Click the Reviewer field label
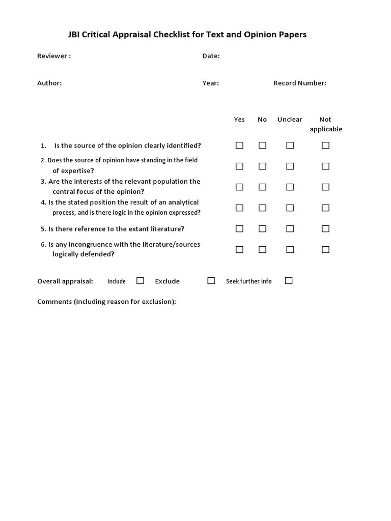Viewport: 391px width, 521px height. point(53,56)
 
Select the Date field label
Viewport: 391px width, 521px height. point(211,56)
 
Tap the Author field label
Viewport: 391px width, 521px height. point(49,83)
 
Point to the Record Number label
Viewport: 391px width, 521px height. point(299,83)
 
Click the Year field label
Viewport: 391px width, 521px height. point(210,83)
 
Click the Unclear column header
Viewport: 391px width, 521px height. point(290,120)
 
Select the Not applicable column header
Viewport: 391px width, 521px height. point(325,124)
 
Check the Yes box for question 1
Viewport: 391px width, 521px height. point(239,146)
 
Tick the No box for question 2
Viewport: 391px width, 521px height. point(262,166)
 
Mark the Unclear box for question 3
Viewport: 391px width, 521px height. point(290,187)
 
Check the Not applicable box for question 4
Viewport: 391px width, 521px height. point(325,208)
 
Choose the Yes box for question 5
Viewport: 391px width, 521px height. point(239,229)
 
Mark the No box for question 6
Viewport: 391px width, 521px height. point(262,250)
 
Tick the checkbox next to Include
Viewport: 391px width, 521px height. point(140,281)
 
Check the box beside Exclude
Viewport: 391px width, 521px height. point(211,281)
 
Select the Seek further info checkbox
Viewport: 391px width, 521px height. point(289,281)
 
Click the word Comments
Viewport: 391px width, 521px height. point(54,302)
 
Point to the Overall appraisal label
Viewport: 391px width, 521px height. point(65,281)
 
